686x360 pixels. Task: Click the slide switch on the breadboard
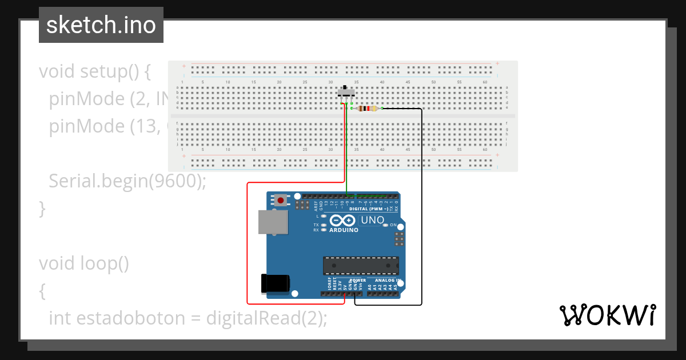click(x=345, y=91)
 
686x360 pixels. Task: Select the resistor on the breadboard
click(x=366, y=109)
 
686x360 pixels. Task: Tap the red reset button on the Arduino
click(x=281, y=201)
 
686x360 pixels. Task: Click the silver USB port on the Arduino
click(x=273, y=222)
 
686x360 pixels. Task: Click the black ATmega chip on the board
click(x=360, y=266)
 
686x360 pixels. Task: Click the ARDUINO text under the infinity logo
click(x=344, y=230)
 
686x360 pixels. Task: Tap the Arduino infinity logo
click(x=342, y=221)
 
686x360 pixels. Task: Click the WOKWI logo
click(x=607, y=315)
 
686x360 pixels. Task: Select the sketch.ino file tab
click(x=101, y=25)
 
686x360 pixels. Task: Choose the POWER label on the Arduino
click(x=358, y=281)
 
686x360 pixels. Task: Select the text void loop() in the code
click(x=84, y=263)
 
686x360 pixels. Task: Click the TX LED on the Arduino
click(x=324, y=225)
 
